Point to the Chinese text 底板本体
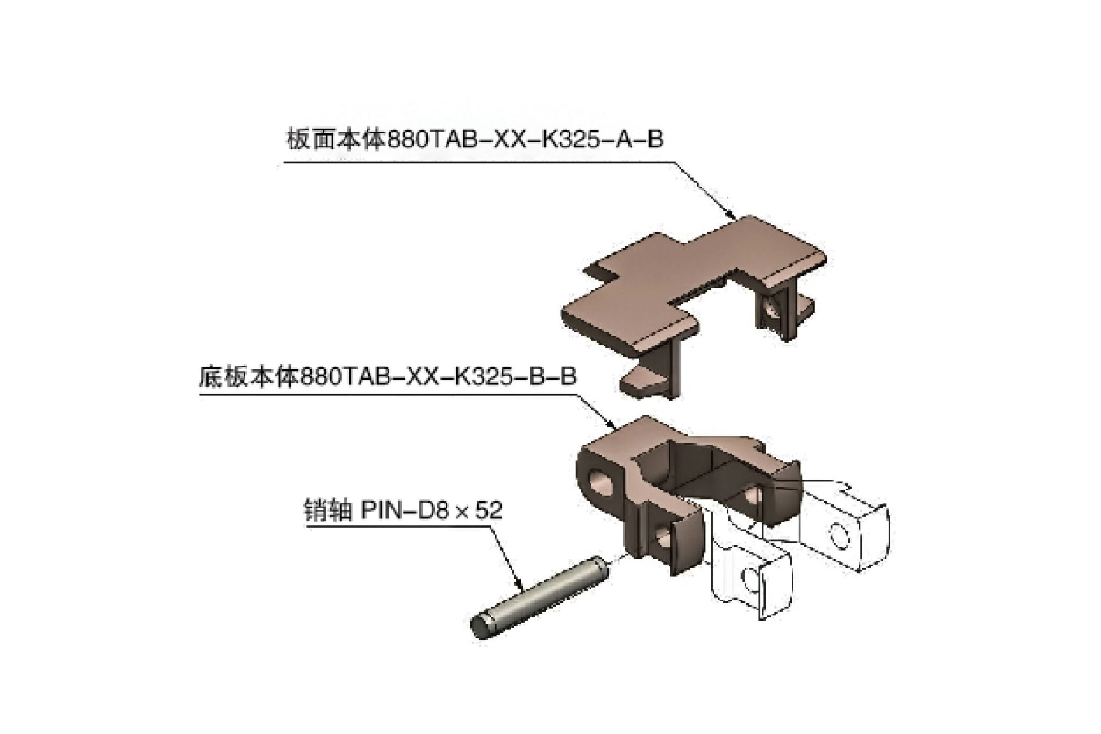[249, 377]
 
